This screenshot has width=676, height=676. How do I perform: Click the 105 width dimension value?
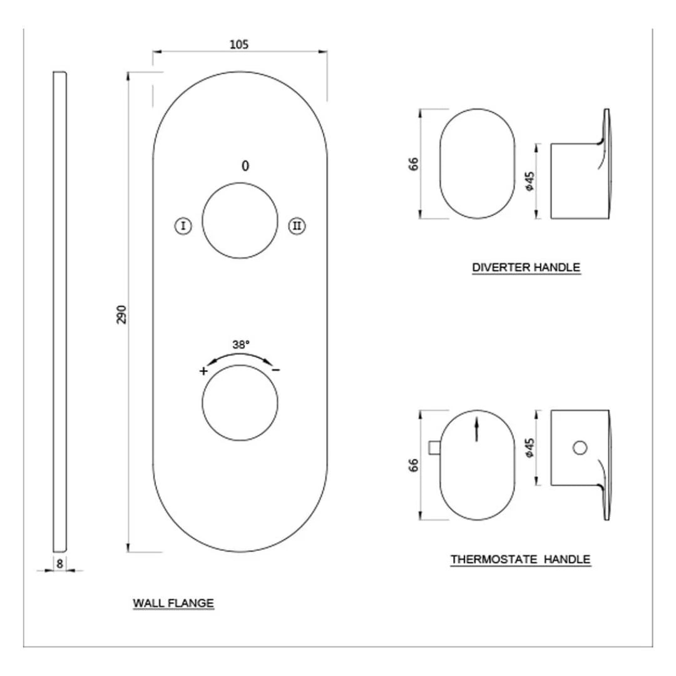click(x=240, y=44)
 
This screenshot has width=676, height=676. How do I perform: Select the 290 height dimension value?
click(x=121, y=314)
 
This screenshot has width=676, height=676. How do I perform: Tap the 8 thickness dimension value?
click(x=59, y=563)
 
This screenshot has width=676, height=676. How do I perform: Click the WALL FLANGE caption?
click(x=173, y=603)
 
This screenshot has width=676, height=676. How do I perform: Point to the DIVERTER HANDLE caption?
click(x=526, y=267)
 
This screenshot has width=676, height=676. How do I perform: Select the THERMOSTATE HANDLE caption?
click(x=520, y=559)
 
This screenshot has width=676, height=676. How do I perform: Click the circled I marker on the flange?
click(x=182, y=226)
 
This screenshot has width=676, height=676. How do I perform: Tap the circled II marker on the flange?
click(x=297, y=226)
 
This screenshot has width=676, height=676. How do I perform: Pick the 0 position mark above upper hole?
click(x=245, y=166)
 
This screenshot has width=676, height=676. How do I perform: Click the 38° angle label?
click(x=241, y=344)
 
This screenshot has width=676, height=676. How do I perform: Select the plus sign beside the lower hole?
click(x=203, y=371)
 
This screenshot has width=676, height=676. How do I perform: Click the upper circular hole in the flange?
click(x=240, y=220)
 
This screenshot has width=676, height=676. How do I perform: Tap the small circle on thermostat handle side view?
click(x=580, y=447)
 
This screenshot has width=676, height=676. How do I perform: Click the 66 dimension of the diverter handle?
click(x=414, y=164)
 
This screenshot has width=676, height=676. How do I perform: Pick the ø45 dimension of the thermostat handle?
click(x=530, y=447)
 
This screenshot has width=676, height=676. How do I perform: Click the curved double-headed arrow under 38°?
click(x=240, y=357)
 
